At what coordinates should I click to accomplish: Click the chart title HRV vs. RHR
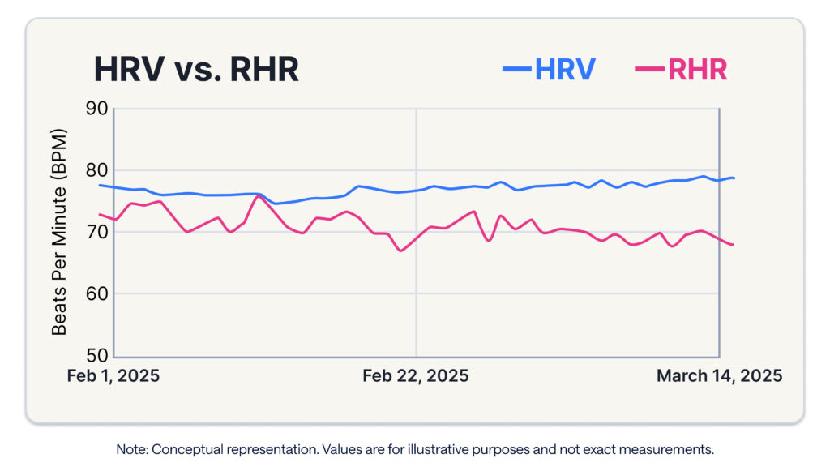click(x=196, y=70)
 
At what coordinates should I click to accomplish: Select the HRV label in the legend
click(x=565, y=70)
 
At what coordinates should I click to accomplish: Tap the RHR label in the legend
click(x=697, y=70)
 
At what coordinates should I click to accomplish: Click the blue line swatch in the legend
click(x=516, y=70)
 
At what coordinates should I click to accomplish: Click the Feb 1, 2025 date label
click(x=113, y=376)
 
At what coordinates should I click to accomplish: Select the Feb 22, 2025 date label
click(x=415, y=376)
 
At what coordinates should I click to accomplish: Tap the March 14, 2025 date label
click(x=719, y=376)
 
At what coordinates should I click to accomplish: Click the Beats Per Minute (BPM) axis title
click(x=59, y=231)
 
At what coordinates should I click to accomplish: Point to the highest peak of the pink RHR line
click(x=259, y=195)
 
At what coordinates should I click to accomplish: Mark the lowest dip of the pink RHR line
click(x=400, y=251)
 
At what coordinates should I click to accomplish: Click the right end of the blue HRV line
click(x=734, y=178)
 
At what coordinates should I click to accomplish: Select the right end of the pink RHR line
click(x=733, y=245)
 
